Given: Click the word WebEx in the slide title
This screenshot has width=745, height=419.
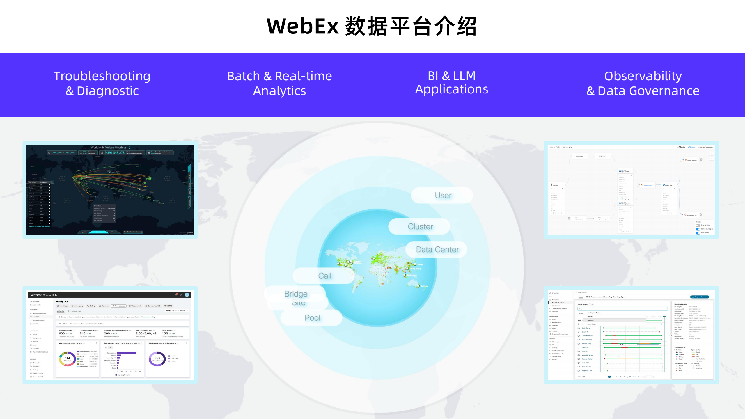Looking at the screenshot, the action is click(303, 26).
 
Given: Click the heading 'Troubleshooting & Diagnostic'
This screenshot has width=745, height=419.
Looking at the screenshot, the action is click(102, 84).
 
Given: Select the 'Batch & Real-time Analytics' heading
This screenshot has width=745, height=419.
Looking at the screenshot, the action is click(279, 84).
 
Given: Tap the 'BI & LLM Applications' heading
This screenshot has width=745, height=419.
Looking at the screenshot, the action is click(451, 83).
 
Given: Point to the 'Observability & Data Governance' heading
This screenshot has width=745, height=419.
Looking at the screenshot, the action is click(643, 84).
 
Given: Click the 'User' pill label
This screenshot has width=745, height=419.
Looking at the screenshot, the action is click(443, 196).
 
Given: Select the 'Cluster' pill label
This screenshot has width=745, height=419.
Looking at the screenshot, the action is click(420, 227).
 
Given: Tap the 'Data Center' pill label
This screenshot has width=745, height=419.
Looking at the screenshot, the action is click(437, 250).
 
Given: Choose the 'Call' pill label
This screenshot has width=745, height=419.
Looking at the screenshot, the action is click(325, 276).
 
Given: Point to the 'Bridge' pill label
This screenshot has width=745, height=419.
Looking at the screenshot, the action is click(296, 294).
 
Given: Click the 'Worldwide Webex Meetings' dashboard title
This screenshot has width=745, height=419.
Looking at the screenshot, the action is click(109, 148).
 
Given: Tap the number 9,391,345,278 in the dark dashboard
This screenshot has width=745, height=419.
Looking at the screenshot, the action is click(114, 153).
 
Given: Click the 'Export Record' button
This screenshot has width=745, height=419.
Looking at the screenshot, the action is click(700, 297).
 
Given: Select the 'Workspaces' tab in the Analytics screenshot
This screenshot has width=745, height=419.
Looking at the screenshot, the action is click(119, 306).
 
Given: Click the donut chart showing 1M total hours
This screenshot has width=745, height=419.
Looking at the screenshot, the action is click(68, 359).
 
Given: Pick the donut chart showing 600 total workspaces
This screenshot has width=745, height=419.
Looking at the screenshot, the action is click(157, 359).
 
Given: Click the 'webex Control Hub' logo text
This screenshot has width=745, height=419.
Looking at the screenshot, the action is click(44, 295).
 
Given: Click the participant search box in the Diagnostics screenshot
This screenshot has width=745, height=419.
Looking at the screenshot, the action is click(623, 309).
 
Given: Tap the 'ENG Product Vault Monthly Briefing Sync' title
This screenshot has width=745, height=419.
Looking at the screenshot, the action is click(605, 297).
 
